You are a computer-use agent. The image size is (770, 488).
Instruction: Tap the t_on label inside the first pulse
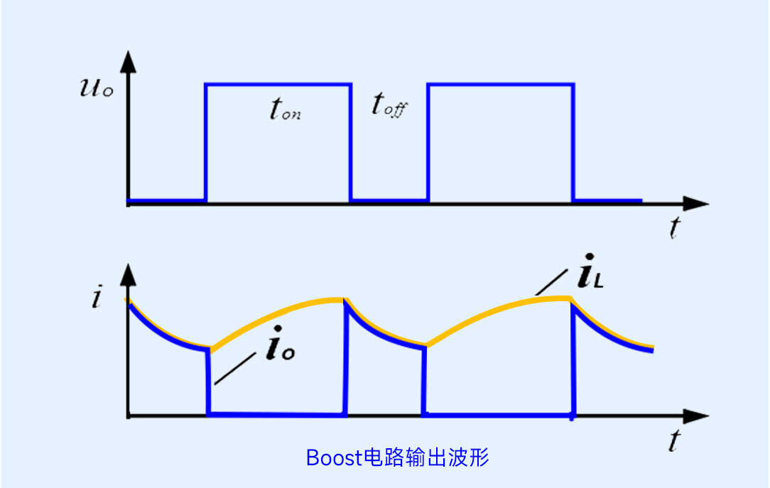(285, 109)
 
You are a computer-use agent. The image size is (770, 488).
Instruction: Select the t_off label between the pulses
(389, 105)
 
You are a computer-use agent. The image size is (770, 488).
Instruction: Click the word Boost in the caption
(334, 457)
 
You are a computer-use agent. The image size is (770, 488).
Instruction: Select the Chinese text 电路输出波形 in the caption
(425, 457)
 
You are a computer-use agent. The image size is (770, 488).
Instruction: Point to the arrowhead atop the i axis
(128, 273)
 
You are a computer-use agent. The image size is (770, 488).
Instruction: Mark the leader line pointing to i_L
(550, 285)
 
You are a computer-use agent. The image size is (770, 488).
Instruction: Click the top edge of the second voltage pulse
(500, 85)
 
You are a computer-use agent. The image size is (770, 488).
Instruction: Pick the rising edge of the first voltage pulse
(206, 142)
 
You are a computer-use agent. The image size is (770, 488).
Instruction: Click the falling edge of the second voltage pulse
(573, 142)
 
